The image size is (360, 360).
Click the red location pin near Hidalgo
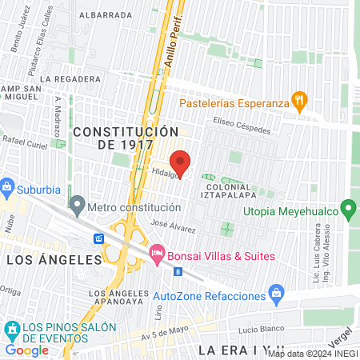pos(181,162)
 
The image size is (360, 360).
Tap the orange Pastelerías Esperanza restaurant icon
pos(300,100)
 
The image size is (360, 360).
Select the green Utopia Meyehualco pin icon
pos(348,210)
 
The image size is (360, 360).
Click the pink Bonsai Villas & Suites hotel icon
pos(157,254)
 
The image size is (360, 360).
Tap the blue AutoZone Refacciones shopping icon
pos(276,294)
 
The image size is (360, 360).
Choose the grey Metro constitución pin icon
pos(77,206)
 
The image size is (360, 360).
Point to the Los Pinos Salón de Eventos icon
pos(12,329)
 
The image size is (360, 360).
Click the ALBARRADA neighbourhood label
pos(106,14)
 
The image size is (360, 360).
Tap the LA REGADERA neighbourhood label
pos(72,79)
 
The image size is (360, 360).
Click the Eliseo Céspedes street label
pos(242,125)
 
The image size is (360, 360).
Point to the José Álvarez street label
pos(173,226)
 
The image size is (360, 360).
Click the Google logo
pos(27,350)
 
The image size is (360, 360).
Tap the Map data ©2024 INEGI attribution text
pos(313,354)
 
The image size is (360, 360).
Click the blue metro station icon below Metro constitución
pos(99,238)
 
